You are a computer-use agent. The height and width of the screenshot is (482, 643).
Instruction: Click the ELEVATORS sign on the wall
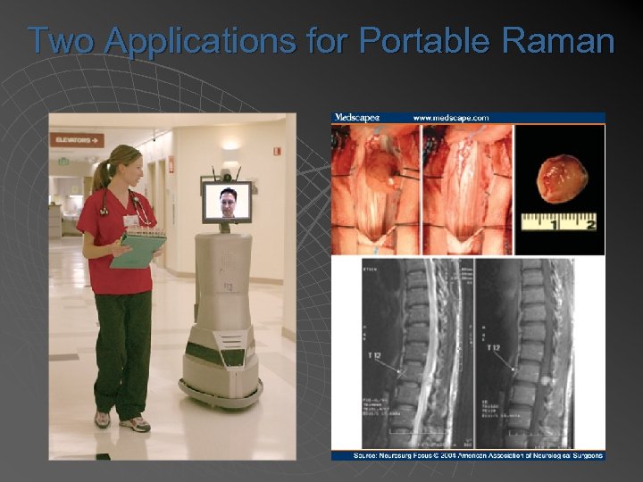[77, 139]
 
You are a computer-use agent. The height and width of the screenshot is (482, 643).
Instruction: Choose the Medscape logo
[356, 117]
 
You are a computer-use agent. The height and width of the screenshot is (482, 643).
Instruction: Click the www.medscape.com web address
[451, 117]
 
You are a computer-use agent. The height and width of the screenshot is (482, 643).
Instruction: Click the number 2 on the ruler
[589, 225]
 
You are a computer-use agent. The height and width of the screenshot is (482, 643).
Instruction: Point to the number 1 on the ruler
[554, 225]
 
